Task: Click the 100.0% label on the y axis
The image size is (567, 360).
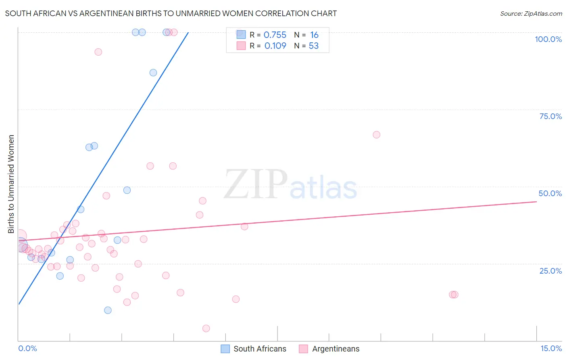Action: tap(548, 39)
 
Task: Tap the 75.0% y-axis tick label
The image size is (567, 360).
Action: tap(550, 116)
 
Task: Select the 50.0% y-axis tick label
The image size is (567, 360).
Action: tap(550, 193)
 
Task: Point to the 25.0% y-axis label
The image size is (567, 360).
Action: tap(550, 271)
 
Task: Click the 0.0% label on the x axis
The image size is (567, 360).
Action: tap(27, 348)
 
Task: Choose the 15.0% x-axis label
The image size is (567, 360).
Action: tap(551, 348)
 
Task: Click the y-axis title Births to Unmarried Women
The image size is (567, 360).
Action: tap(11, 184)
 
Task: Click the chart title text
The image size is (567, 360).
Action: tap(171, 13)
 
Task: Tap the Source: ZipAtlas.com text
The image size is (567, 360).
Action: tap(531, 13)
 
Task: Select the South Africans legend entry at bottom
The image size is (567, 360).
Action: tap(254, 349)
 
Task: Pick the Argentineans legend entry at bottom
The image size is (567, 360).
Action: tap(329, 349)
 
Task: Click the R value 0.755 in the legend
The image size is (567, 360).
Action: tap(275, 35)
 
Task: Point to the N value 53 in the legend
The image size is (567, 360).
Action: tap(313, 46)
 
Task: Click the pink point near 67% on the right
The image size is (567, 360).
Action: tap(376, 135)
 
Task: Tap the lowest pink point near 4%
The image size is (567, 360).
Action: tap(206, 329)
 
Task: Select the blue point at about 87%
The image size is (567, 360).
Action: tap(153, 73)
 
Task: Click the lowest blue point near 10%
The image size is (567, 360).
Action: tap(108, 310)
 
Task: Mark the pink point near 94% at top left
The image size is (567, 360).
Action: tap(98, 52)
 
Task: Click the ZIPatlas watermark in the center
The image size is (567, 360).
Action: tap(290, 185)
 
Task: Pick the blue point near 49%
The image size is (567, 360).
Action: tap(127, 190)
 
